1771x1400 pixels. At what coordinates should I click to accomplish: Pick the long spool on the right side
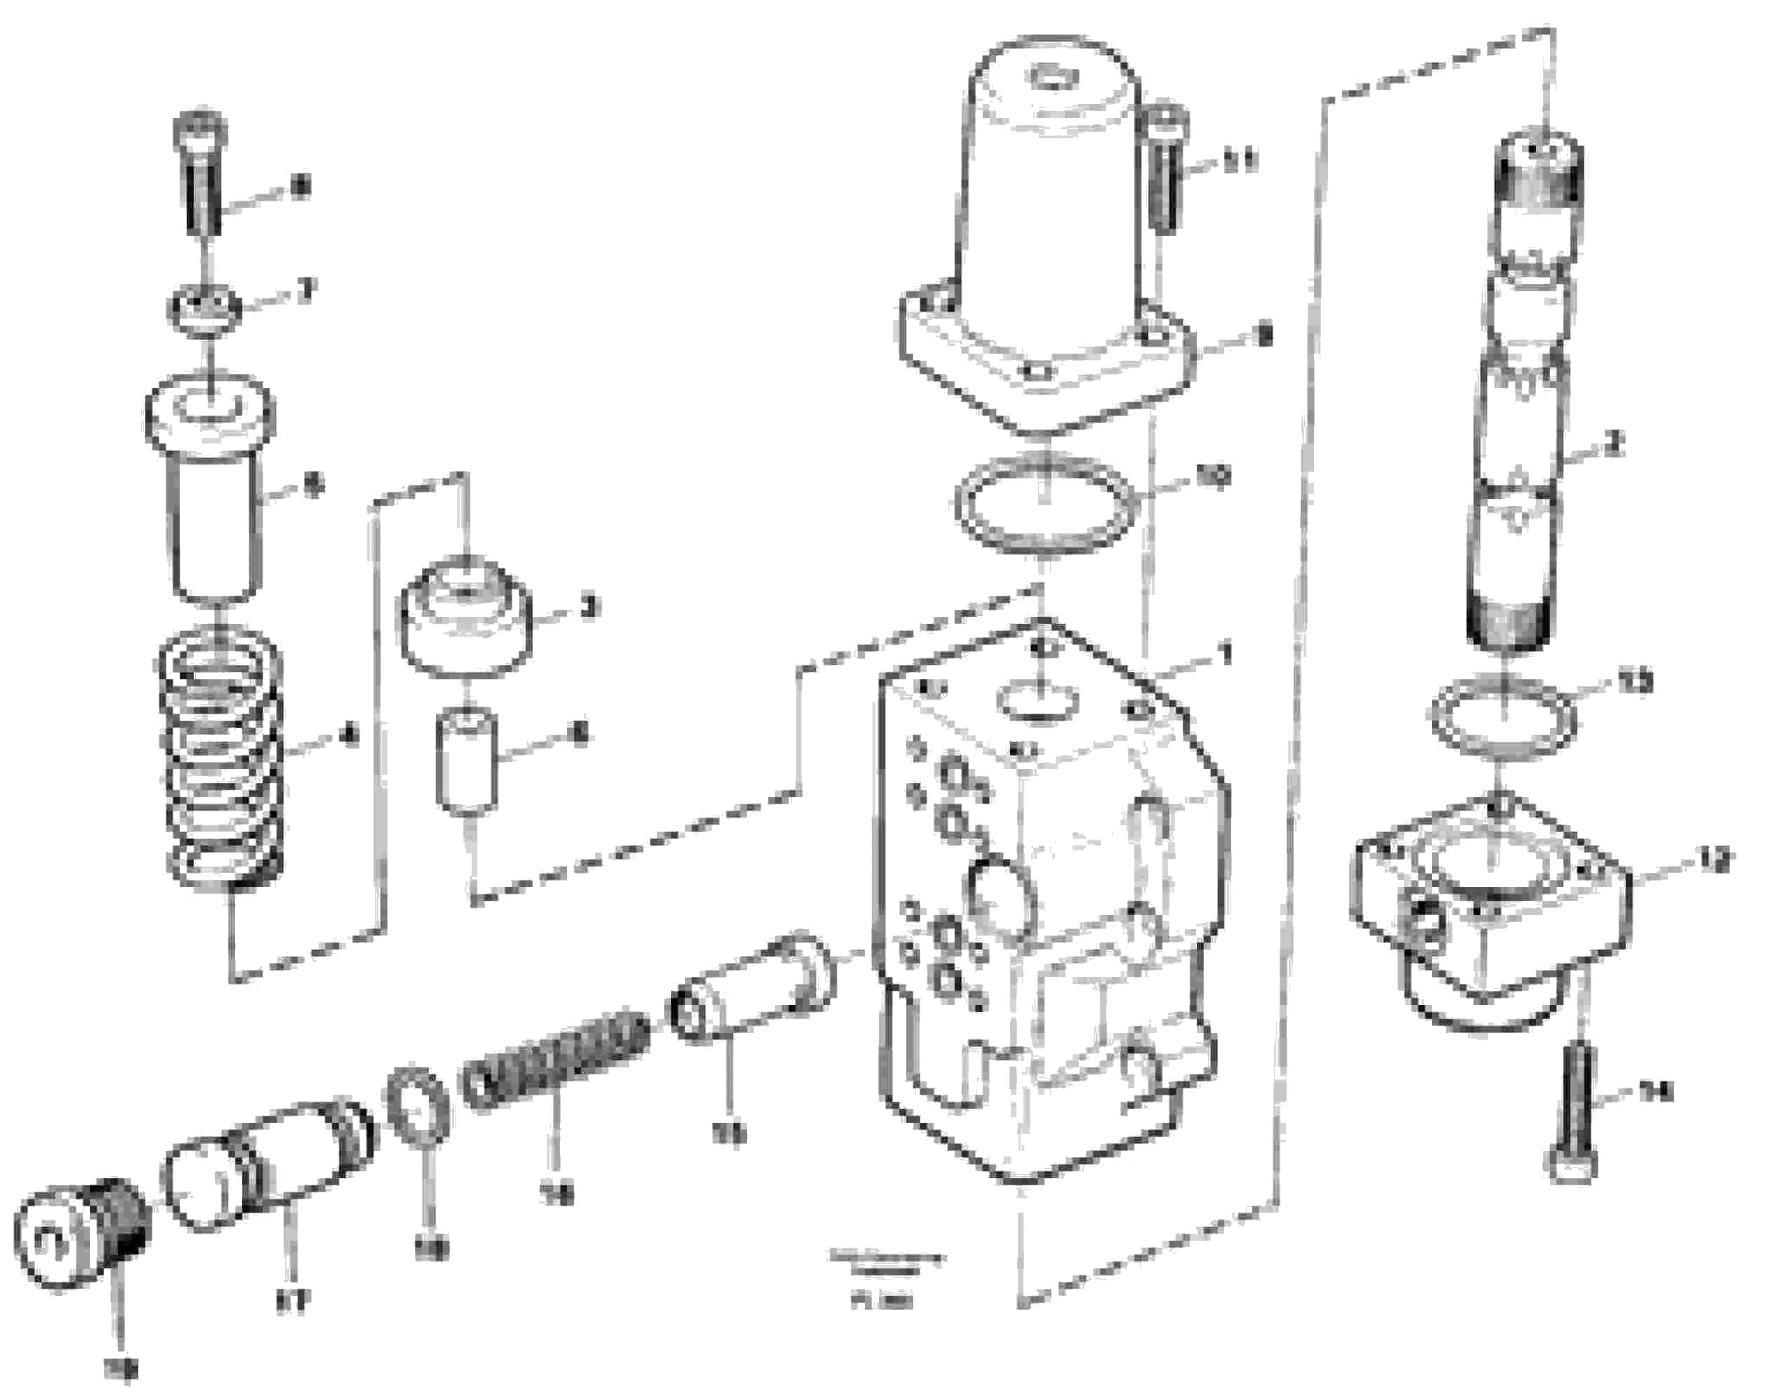point(1521,394)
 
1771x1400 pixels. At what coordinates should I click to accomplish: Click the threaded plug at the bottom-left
point(82,1238)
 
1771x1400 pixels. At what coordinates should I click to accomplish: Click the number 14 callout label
point(1654,1092)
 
